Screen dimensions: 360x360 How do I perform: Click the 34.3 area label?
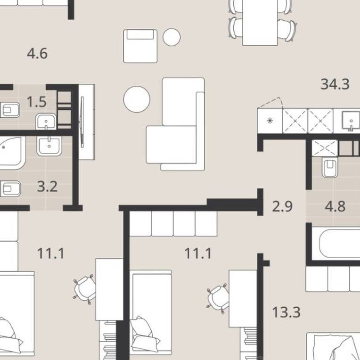335,84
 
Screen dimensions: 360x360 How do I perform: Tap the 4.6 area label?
37,54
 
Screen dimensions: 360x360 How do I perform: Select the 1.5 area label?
37,102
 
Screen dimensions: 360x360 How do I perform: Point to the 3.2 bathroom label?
47,187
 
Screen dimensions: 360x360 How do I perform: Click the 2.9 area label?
282,206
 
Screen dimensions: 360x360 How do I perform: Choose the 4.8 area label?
335,206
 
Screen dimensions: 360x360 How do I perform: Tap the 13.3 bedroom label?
286,312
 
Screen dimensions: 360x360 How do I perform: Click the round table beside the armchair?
172,37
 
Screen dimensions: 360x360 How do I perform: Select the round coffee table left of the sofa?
137,99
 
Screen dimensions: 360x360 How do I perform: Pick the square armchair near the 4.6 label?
140,46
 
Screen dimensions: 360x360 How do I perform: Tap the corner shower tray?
11,153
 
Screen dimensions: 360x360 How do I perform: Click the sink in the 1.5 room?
46,121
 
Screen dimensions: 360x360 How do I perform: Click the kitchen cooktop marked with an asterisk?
270,121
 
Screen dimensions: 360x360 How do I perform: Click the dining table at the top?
260,23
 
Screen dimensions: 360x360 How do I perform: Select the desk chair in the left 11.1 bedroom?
84,289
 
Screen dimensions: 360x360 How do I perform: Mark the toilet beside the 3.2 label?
10,189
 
